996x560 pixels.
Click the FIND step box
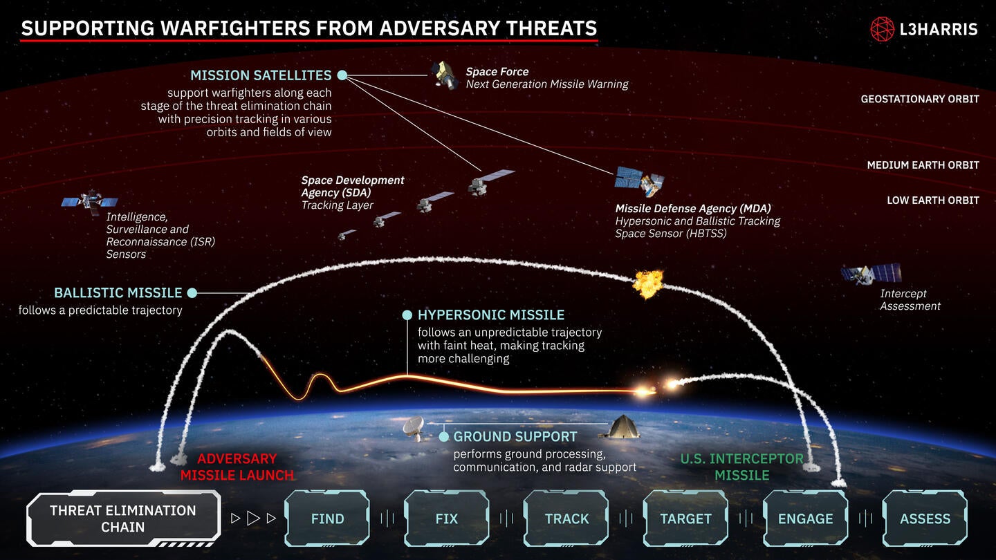pyautogui.click(x=327, y=519)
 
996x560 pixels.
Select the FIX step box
pyautogui.click(x=447, y=519)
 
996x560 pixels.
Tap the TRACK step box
pyautogui.click(x=566, y=519)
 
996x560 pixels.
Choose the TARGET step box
pyautogui.click(x=685, y=519)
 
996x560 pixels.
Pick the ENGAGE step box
pyautogui.click(x=805, y=519)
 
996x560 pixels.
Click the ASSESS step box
pyautogui.click(x=925, y=519)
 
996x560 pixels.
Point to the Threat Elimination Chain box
pyautogui.click(x=123, y=519)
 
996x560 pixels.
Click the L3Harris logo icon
pyautogui.click(x=883, y=29)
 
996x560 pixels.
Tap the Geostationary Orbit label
pyautogui.click(x=919, y=99)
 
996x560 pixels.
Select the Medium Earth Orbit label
pyautogui.click(x=923, y=165)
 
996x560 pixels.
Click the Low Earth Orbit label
pyautogui.click(x=933, y=200)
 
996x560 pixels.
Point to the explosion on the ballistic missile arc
pyautogui.click(x=649, y=283)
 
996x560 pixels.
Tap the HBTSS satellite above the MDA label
pyautogui.click(x=640, y=181)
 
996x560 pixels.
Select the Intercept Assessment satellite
pyautogui.click(x=871, y=274)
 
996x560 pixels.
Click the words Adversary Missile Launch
pyautogui.click(x=237, y=467)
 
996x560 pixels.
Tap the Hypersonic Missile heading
pyautogui.click(x=491, y=315)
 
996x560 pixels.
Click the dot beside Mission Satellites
pyautogui.click(x=342, y=75)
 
